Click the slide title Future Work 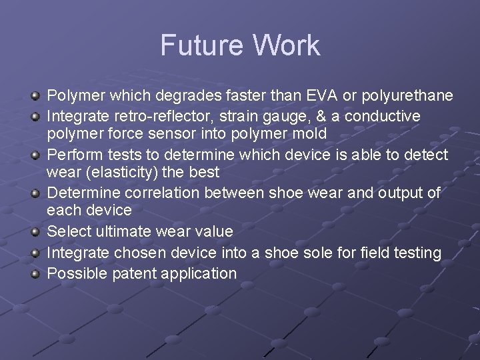point(240,45)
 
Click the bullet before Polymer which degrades point(37,97)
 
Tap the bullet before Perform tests point(37,156)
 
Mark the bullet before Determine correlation point(37,194)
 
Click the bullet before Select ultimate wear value point(37,233)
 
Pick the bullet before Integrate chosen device point(37,253)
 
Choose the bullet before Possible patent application point(37,274)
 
